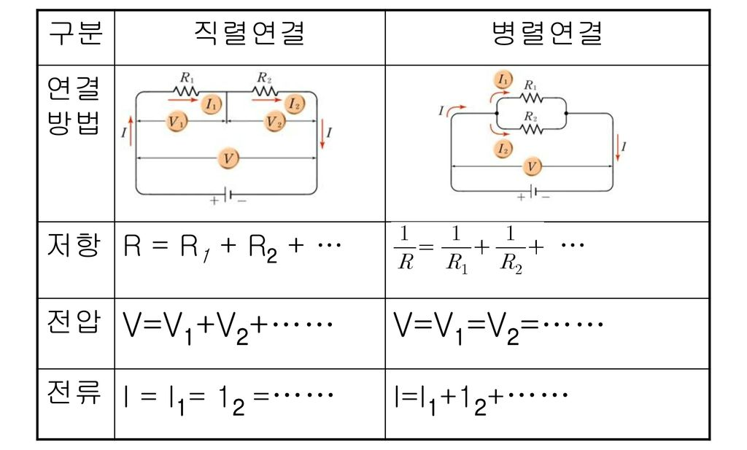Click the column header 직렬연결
(249, 34)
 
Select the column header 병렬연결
(547, 34)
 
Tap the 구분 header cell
(75, 34)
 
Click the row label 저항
(75, 245)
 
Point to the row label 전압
(75, 322)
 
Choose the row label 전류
(75, 395)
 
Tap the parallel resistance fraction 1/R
(406, 248)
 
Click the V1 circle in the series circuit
(177, 122)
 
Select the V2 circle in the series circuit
(275, 122)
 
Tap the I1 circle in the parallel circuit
(503, 79)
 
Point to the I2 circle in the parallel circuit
(503, 149)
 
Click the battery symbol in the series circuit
(228, 195)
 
